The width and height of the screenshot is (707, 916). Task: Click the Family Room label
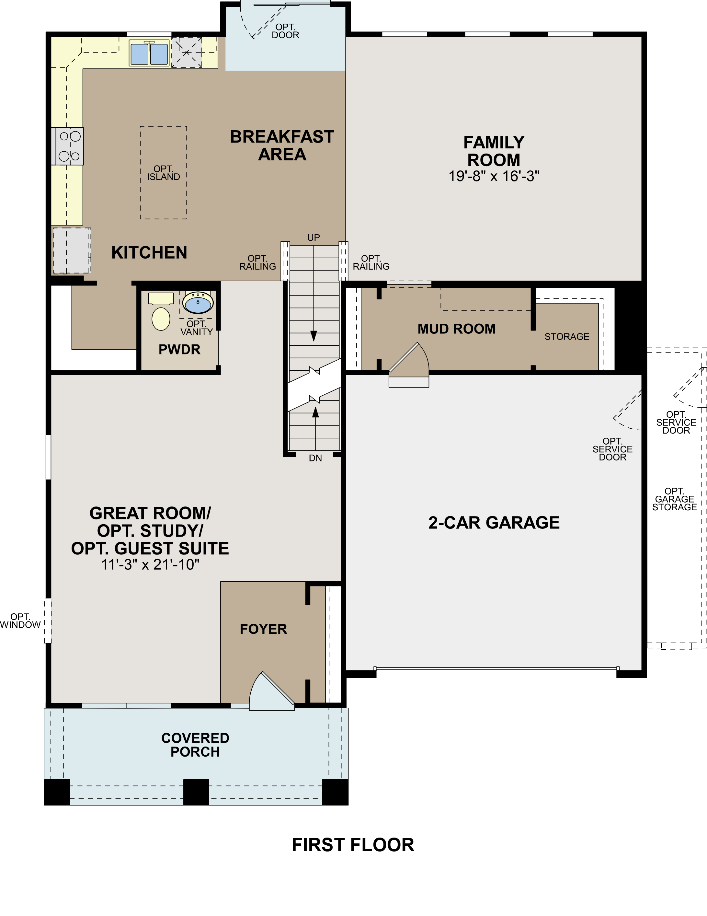coord(494,151)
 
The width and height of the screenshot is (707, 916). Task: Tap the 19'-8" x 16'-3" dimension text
coord(494,176)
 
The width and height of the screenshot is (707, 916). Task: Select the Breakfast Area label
coord(282,145)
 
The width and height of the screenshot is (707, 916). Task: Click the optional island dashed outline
coord(164,172)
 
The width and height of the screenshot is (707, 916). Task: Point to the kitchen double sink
coord(149,53)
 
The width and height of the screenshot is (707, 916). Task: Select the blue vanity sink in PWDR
coord(198,302)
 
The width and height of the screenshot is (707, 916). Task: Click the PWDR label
coord(179,349)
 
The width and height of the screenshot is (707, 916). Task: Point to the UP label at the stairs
coord(314,238)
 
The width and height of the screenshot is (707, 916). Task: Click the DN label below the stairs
coord(315,458)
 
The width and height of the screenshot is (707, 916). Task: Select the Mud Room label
coord(456,329)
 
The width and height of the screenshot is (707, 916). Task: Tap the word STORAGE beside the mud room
coord(566,337)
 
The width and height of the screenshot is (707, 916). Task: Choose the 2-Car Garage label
coord(494,523)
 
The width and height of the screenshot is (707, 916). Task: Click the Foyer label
coord(263,629)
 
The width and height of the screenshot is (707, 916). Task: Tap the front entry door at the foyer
coord(270,692)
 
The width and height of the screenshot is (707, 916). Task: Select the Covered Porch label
coord(195,745)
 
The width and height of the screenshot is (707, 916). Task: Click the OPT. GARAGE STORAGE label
coord(674,499)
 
